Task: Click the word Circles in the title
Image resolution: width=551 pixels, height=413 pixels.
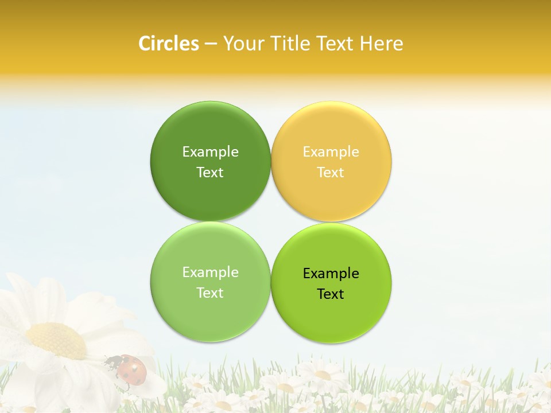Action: point(168,44)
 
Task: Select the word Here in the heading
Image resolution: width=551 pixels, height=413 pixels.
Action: point(381,44)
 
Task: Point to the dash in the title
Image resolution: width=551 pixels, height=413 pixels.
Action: point(211,44)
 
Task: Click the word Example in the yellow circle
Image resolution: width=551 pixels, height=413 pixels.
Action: point(331,151)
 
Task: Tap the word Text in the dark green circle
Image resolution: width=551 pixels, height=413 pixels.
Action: point(210,172)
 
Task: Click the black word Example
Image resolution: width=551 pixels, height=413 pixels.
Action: point(331,273)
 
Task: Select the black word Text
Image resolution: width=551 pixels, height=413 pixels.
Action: point(331,294)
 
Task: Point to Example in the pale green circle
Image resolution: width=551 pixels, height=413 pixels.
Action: point(210,272)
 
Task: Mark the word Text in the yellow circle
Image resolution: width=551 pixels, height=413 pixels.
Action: point(331,172)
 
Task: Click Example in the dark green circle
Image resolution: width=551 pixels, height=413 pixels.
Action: point(210,151)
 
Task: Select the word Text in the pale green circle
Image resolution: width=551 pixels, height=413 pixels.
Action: point(210,293)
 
